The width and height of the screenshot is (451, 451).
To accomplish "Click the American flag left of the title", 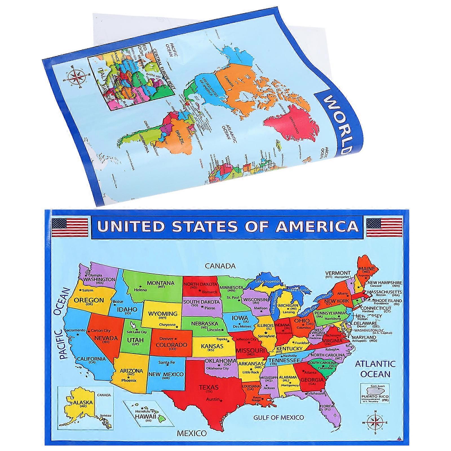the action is (x=70, y=227).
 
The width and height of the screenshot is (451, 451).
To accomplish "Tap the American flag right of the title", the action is (x=384, y=227).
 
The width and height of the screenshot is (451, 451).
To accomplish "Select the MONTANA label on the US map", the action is (x=161, y=283).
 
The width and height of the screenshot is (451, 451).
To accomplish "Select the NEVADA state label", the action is (x=106, y=338).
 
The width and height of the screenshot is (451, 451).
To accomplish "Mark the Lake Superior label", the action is (x=267, y=281).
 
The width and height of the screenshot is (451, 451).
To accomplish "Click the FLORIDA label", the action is (x=326, y=406).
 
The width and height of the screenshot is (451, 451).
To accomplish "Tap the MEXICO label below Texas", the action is (x=192, y=433).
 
